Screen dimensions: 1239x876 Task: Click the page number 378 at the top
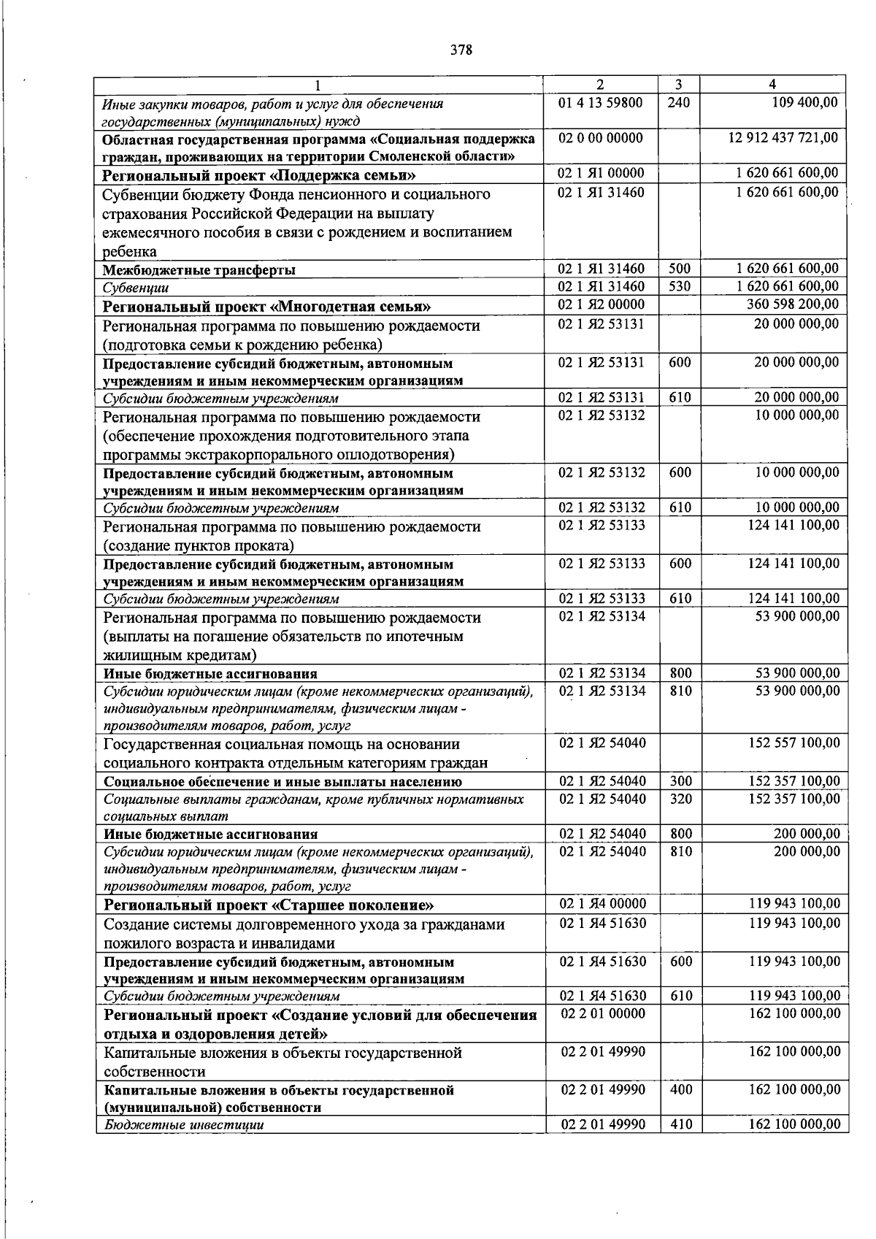(461, 50)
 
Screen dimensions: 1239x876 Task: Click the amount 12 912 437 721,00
(783, 137)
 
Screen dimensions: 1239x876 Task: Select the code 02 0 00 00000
(600, 137)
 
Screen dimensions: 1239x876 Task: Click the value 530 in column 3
(679, 286)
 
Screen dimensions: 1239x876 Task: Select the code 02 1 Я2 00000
(601, 304)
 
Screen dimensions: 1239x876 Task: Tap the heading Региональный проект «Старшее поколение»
(269, 905)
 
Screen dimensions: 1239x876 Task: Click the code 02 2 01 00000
(602, 1013)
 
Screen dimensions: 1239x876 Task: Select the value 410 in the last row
(680, 1124)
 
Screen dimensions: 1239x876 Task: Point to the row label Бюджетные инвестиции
(184, 1125)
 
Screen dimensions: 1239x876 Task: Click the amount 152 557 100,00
(794, 743)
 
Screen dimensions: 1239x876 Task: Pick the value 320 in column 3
(680, 799)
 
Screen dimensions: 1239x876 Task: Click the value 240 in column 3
(678, 103)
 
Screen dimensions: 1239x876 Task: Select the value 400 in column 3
(680, 1089)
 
